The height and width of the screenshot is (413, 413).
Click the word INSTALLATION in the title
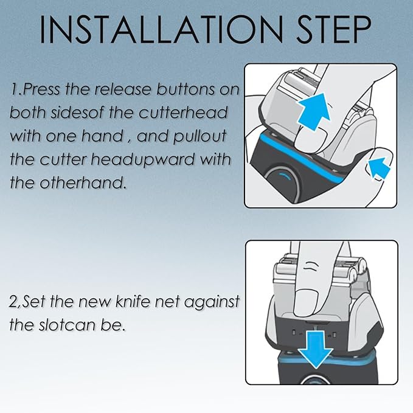click(x=161, y=29)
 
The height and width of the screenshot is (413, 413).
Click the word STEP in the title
click(x=334, y=29)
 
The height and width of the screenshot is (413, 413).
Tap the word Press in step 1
click(x=41, y=89)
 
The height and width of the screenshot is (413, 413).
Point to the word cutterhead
click(x=183, y=112)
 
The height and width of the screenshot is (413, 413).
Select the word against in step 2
click(x=212, y=302)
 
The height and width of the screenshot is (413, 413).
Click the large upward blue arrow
click(x=314, y=111)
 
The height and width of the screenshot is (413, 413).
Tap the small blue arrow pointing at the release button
click(x=379, y=168)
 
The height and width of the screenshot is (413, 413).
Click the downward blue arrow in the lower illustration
click(x=316, y=349)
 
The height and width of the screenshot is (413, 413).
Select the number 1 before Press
click(x=15, y=89)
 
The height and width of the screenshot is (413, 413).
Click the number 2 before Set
click(x=13, y=302)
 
